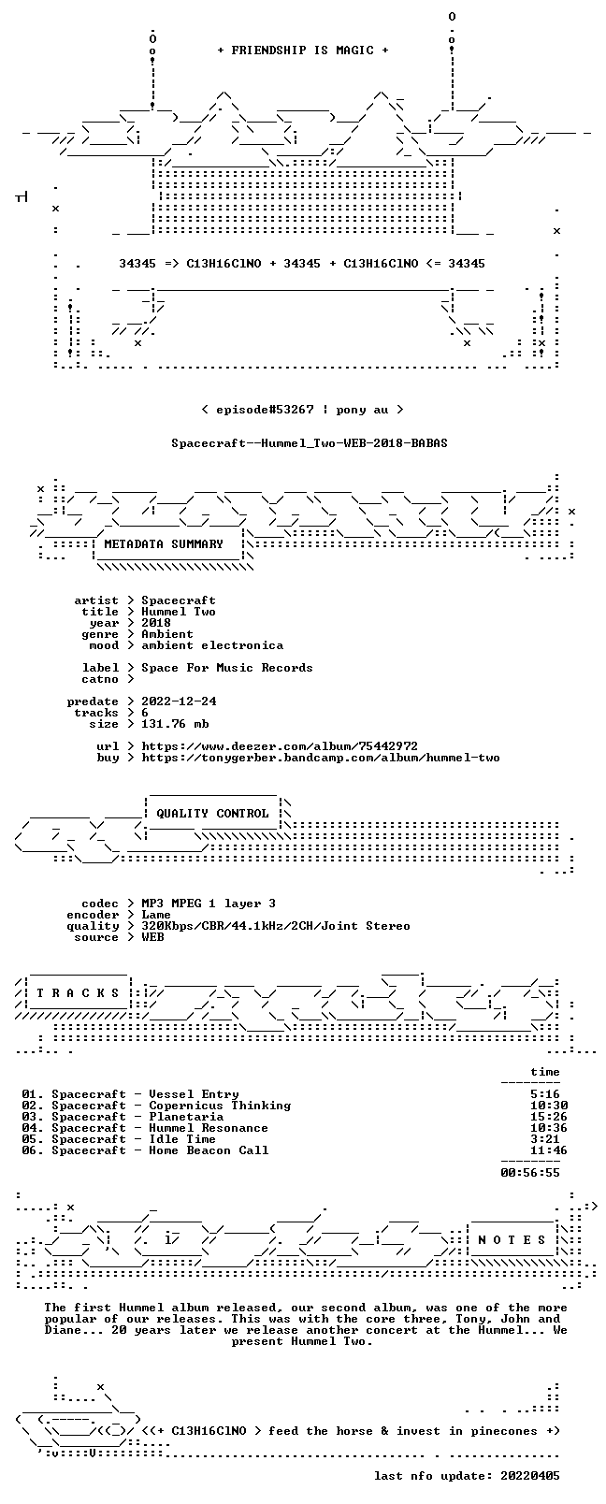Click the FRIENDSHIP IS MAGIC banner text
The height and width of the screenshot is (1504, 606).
[x=303, y=51]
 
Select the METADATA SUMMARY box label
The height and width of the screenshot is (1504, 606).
[x=164, y=543]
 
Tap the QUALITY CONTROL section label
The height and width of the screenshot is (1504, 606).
[x=212, y=813]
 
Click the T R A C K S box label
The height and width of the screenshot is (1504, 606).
[x=78, y=993]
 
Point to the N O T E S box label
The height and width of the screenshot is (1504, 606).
[x=512, y=1239]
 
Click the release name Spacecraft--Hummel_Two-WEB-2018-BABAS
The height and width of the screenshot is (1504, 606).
[x=310, y=443]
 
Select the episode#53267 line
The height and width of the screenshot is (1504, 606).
[x=303, y=410]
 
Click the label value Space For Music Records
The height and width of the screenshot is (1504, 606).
[x=227, y=668]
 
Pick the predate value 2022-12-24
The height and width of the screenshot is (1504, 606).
[x=179, y=701]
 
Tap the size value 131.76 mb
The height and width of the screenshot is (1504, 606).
[x=175, y=724]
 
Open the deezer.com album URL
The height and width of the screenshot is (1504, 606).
[x=280, y=746]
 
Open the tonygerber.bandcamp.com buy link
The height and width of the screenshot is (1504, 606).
[x=320, y=758]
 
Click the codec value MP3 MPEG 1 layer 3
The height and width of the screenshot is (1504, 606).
[x=208, y=904]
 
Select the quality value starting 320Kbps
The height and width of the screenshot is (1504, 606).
[x=275, y=926]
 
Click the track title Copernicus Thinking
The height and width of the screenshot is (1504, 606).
[x=220, y=1106]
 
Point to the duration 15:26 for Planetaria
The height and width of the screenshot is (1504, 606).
[x=548, y=1117]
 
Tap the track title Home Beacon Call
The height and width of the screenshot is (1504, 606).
[x=208, y=1150]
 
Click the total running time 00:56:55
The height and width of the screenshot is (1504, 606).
[x=530, y=1172]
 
